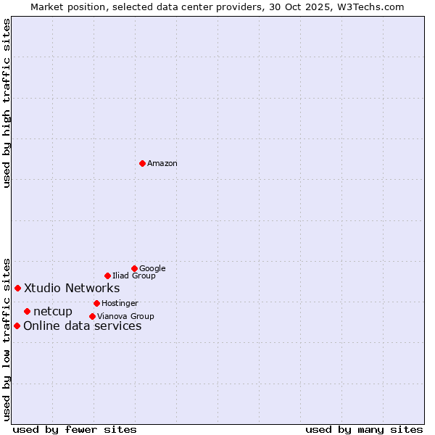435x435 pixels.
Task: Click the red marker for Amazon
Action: [x=142, y=163]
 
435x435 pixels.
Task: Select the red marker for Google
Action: [x=134, y=268]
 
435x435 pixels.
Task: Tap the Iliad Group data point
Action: [x=107, y=275]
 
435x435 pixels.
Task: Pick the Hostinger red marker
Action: [x=96, y=303]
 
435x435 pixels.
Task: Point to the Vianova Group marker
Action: [x=92, y=316]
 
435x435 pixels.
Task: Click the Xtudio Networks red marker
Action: [x=17, y=288]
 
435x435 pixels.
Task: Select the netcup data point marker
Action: [x=27, y=311]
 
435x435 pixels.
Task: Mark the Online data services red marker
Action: [x=17, y=326]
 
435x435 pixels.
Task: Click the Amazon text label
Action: [x=162, y=164]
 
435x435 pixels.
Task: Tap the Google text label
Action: [x=152, y=269]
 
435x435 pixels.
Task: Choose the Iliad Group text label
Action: [x=134, y=276]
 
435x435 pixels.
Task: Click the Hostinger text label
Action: [x=120, y=304]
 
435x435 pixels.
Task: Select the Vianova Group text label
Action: [x=125, y=317]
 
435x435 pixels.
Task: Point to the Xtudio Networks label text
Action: [x=72, y=289]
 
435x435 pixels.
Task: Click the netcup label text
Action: [x=53, y=312]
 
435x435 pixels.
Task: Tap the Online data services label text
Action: [x=83, y=326]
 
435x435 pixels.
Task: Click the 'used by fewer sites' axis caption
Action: [x=75, y=429]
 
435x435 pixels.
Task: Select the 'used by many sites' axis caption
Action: [x=364, y=429]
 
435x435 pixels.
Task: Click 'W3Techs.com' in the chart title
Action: [x=368, y=7]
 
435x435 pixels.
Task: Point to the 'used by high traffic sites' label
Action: [x=7, y=103]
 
